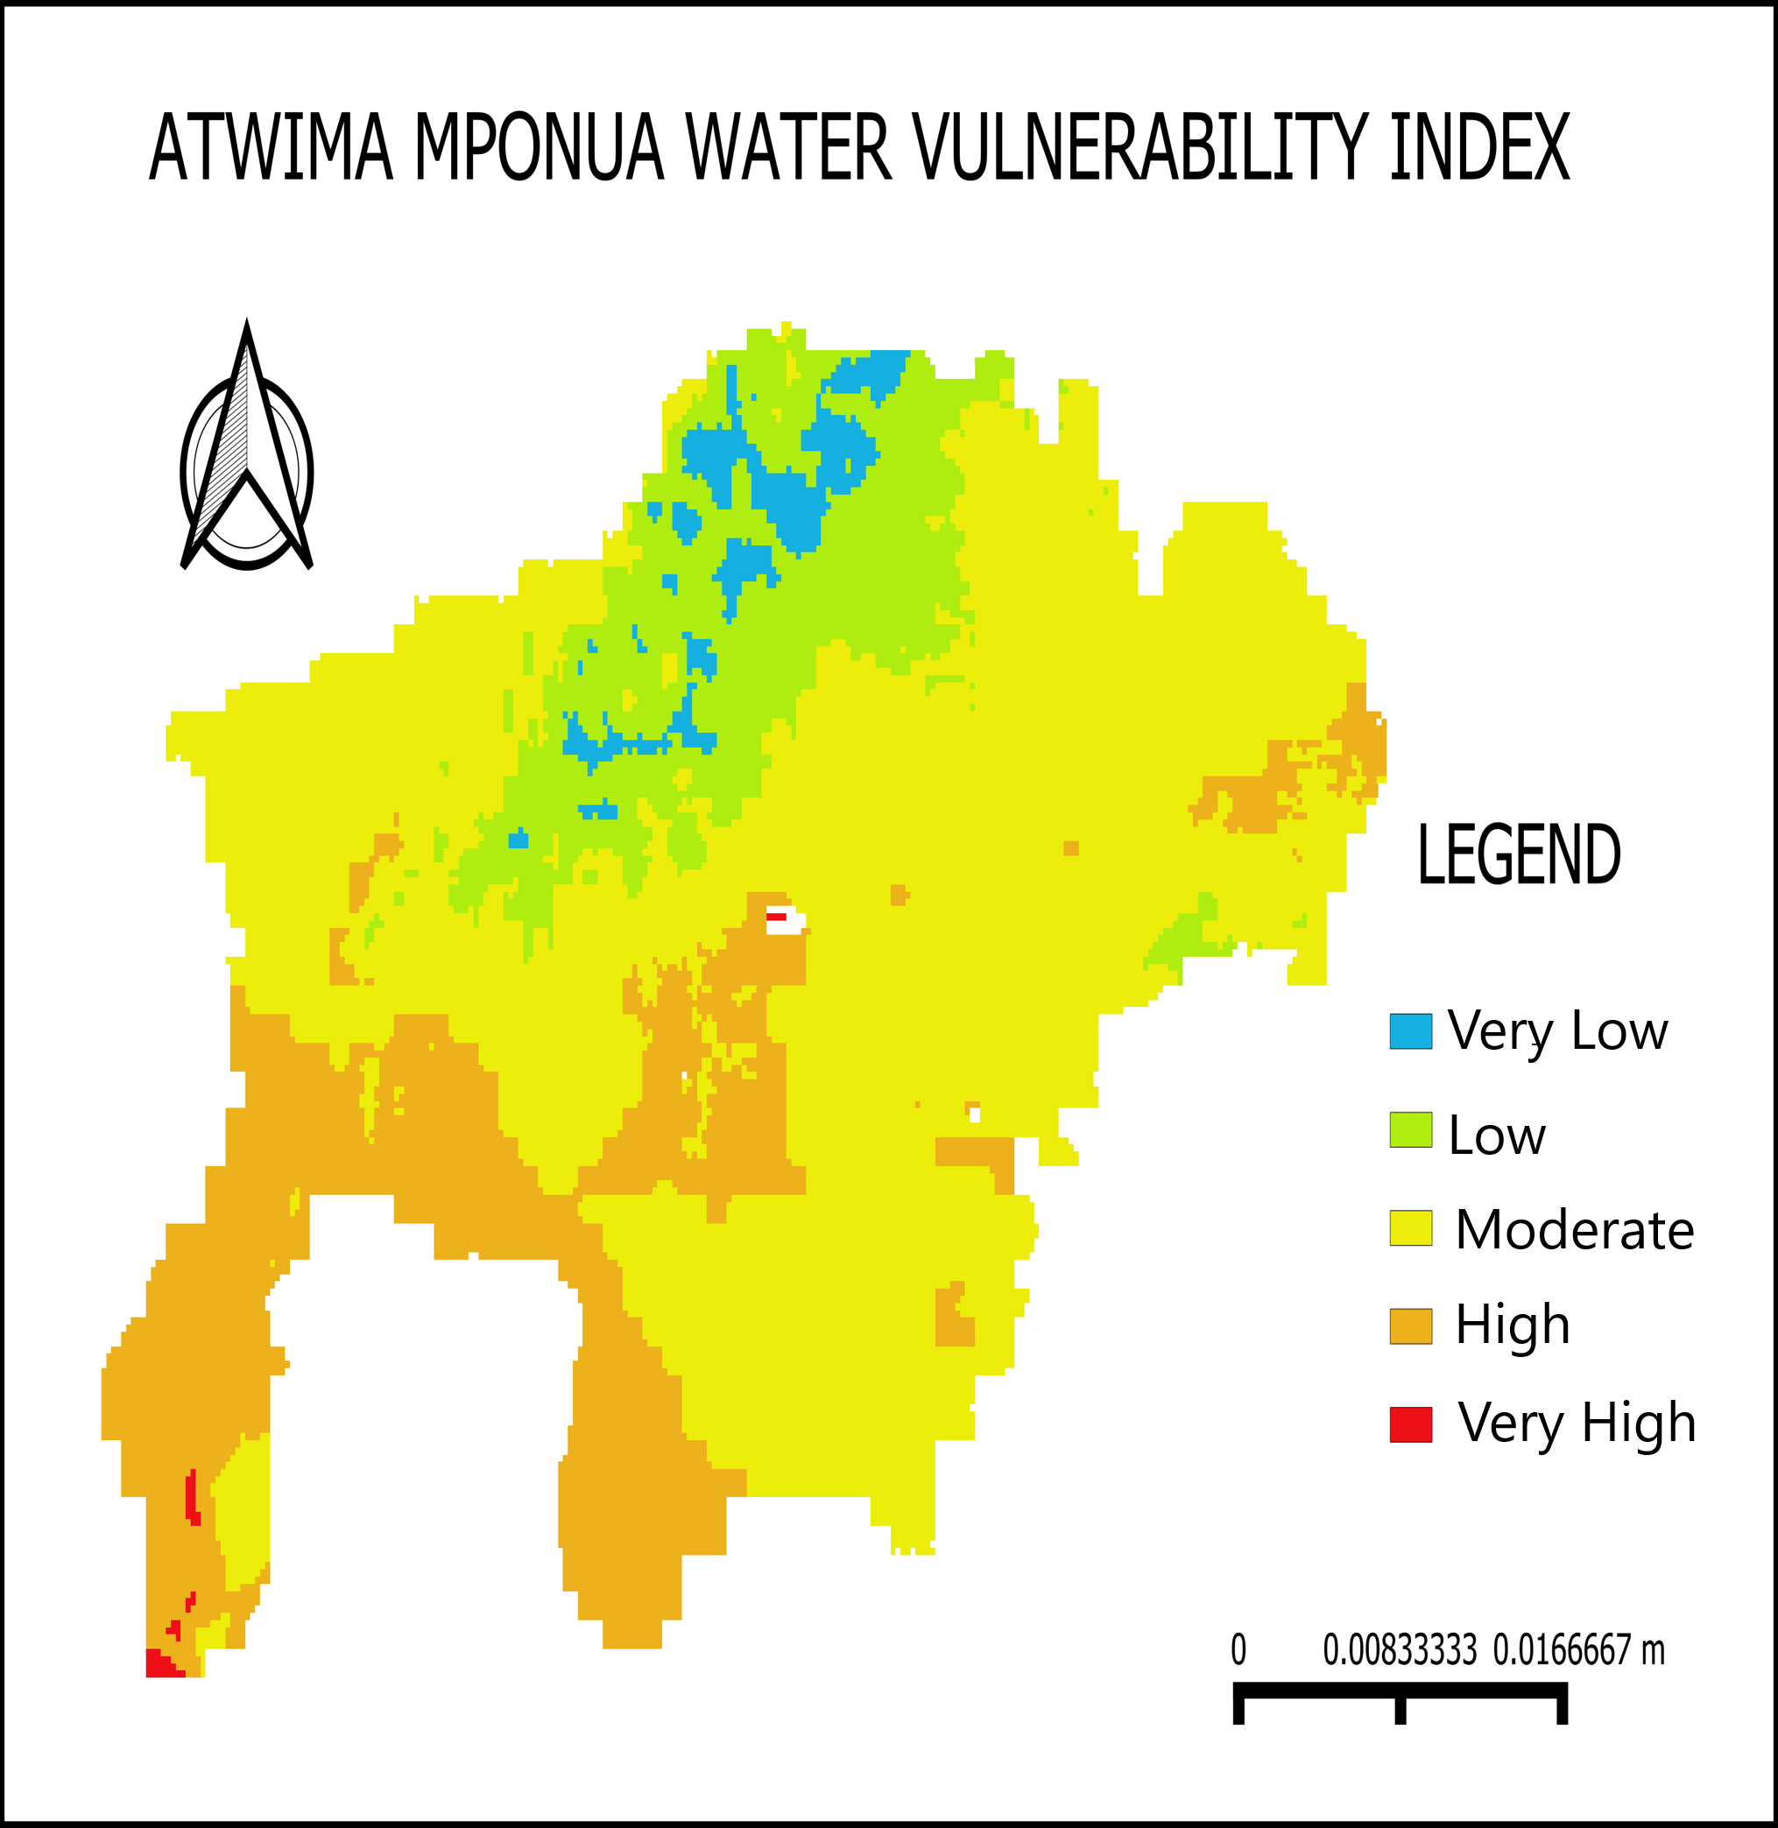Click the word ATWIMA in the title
point(271,147)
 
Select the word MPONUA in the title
point(539,147)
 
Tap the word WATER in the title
point(789,147)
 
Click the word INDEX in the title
point(1480,147)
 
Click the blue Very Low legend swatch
point(1410,1031)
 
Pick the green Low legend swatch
point(1410,1129)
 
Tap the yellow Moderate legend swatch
point(1410,1228)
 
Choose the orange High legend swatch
point(1410,1325)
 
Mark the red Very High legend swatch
point(1410,1424)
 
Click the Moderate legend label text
point(1575,1229)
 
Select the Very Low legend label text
point(1557,1031)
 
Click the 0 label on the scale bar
point(1238,1650)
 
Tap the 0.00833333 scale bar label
point(1400,1650)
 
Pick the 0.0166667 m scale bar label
point(1579,1650)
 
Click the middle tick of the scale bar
point(1400,1705)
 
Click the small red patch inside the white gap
point(776,917)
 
